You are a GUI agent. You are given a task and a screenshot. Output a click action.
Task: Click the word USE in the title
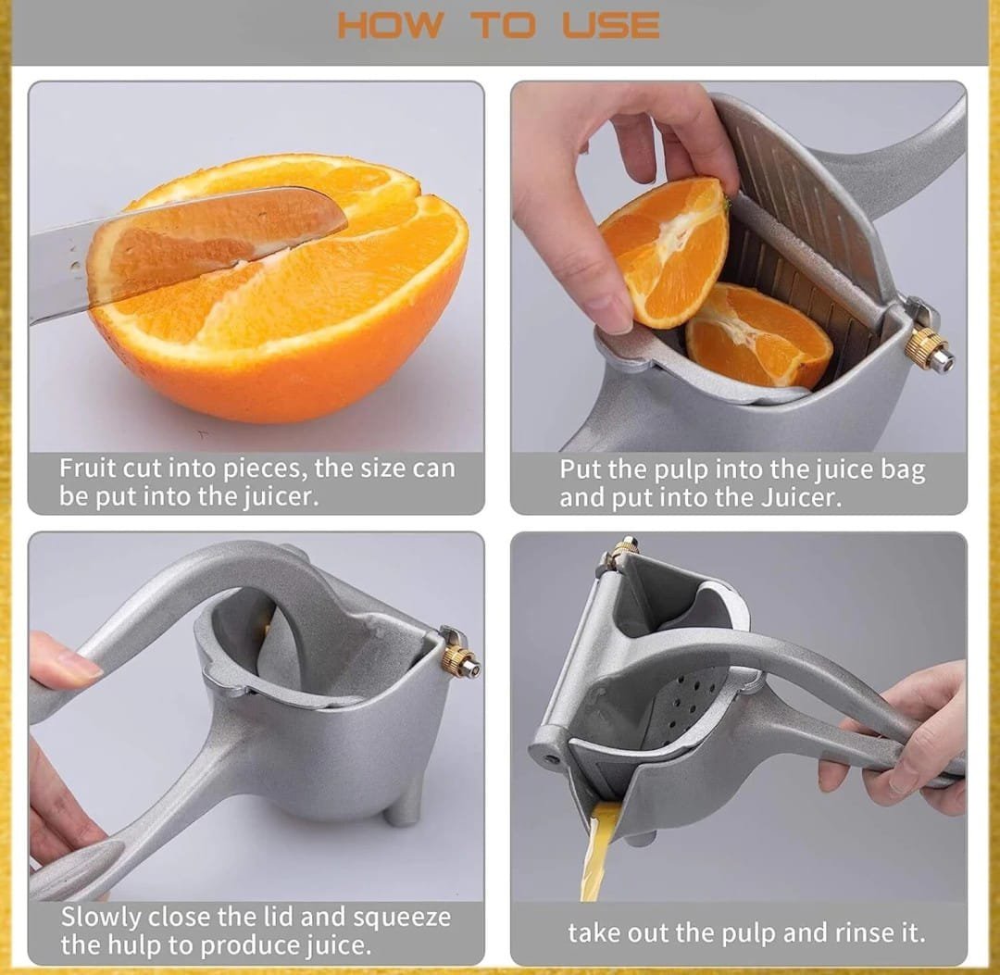coord(611,25)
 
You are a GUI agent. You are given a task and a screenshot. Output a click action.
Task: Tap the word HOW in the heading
coord(389,25)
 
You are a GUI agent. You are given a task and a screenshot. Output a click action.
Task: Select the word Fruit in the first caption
coord(87,468)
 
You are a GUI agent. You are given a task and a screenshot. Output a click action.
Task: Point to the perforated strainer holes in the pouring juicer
coord(685,705)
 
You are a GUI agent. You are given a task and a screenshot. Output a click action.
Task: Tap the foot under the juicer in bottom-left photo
coord(404,810)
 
